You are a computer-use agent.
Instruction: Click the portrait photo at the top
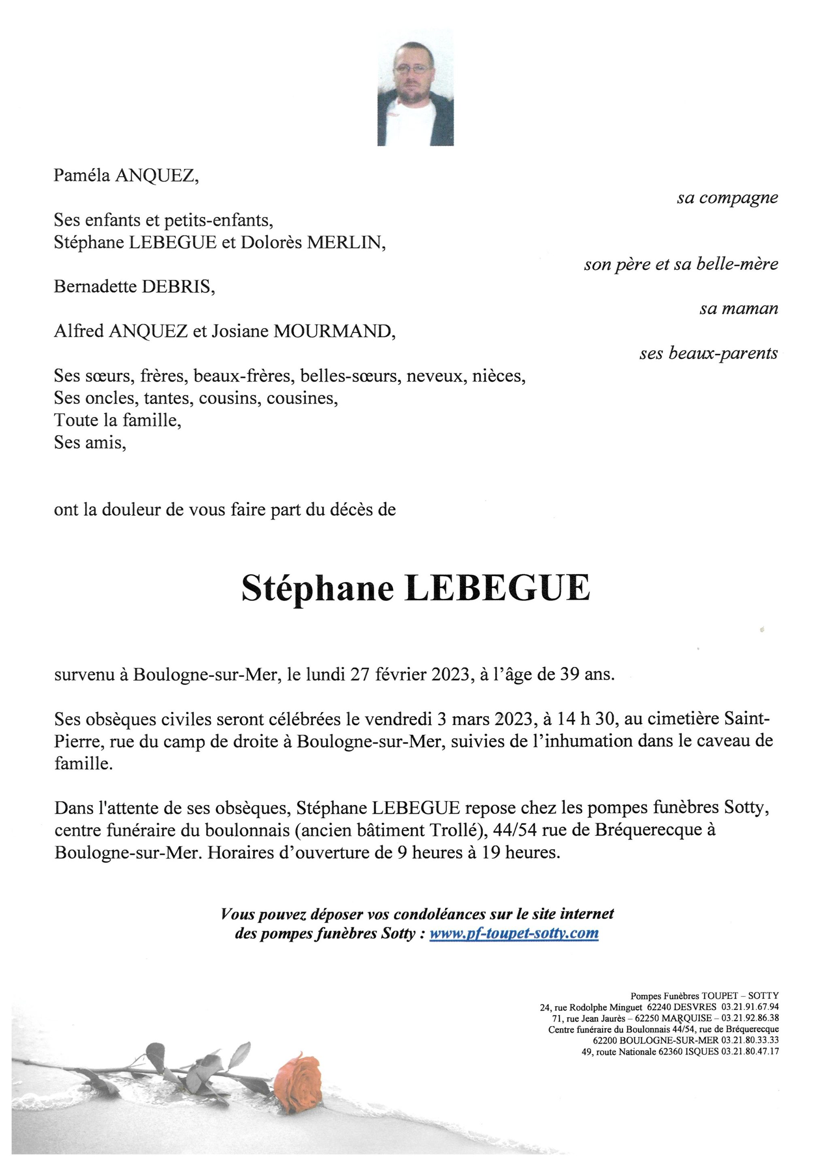[415, 87]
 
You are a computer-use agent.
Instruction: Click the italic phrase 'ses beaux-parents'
[708, 353]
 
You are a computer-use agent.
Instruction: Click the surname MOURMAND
[334, 331]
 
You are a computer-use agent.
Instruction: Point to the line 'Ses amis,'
[90, 443]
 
